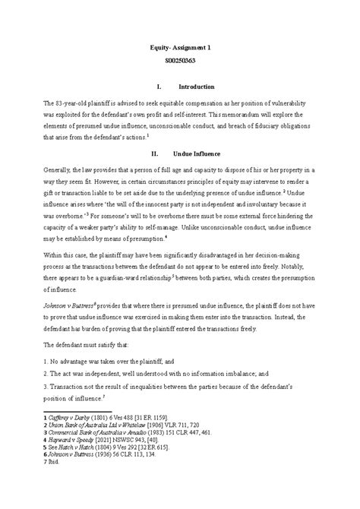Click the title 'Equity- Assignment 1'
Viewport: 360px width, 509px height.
click(180, 47)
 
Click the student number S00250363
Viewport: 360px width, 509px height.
click(180, 61)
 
